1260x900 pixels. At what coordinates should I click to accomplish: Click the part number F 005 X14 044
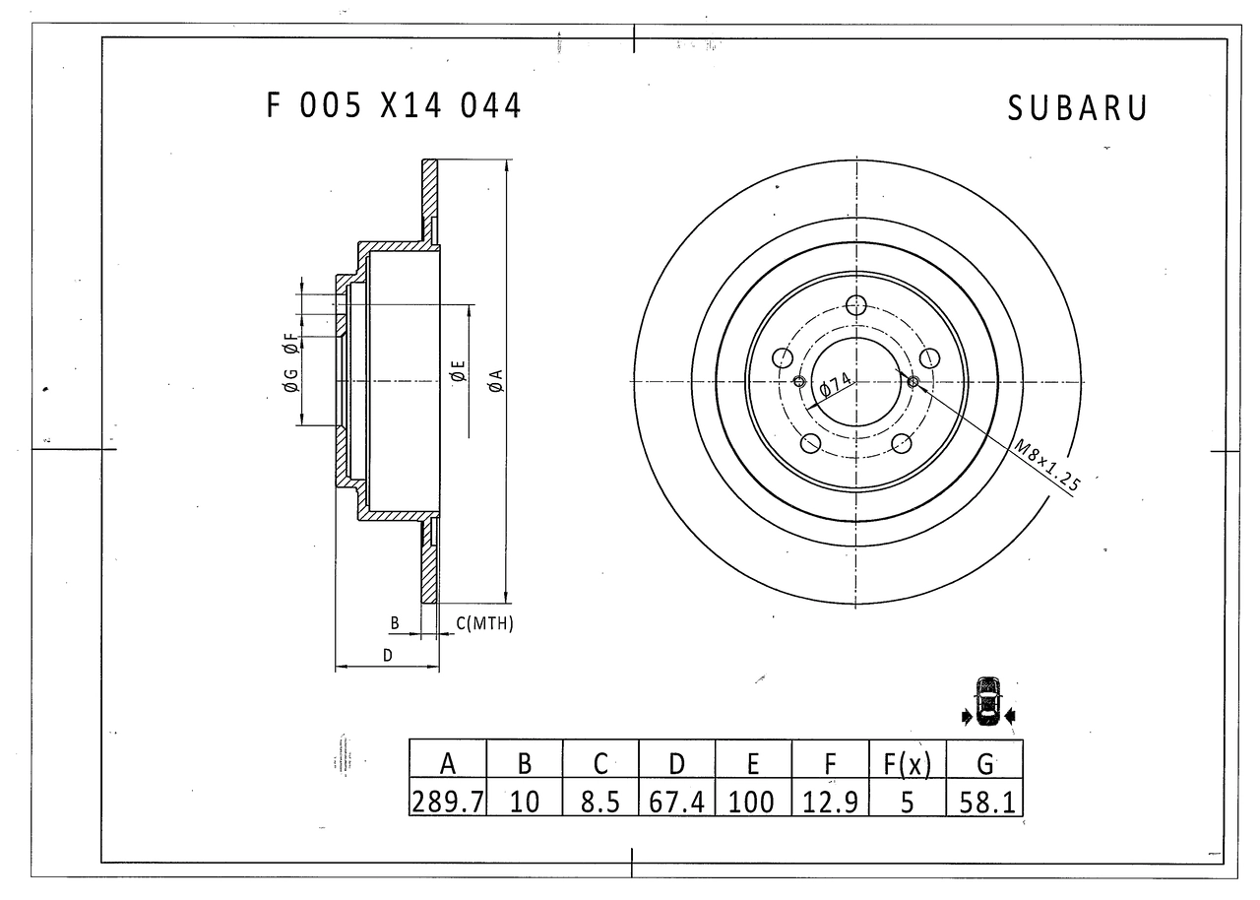(x=394, y=106)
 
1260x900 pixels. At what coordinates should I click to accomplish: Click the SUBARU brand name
(x=1077, y=108)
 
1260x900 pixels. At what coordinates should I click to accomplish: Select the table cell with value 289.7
(x=447, y=802)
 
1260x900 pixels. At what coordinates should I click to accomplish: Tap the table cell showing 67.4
(x=677, y=802)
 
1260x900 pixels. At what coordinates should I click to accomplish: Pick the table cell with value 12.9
(x=831, y=802)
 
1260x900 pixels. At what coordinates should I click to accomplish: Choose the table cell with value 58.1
(x=984, y=802)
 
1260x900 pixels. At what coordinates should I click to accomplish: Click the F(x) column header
(x=908, y=763)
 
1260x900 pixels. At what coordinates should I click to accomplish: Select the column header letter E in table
(x=753, y=763)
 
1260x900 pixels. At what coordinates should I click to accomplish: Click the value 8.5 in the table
(x=600, y=802)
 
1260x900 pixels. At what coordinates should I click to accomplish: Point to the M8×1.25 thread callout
(x=1047, y=464)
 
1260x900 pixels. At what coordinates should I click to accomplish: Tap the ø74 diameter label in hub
(x=835, y=385)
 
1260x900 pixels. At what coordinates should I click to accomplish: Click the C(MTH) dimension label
(x=484, y=623)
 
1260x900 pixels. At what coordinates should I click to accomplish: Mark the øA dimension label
(x=495, y=381)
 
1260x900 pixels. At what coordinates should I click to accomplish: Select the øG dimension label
(x=290, y=379)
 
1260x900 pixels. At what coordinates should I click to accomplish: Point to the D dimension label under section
(x=388, y=654)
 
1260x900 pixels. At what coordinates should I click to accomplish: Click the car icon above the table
(x=987, y=701)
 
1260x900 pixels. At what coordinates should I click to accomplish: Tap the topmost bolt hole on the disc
(x=856, y=305)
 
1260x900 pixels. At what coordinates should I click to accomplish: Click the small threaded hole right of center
(x=913, y=382)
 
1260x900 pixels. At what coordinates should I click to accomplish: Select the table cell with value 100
(x=753, y=802)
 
